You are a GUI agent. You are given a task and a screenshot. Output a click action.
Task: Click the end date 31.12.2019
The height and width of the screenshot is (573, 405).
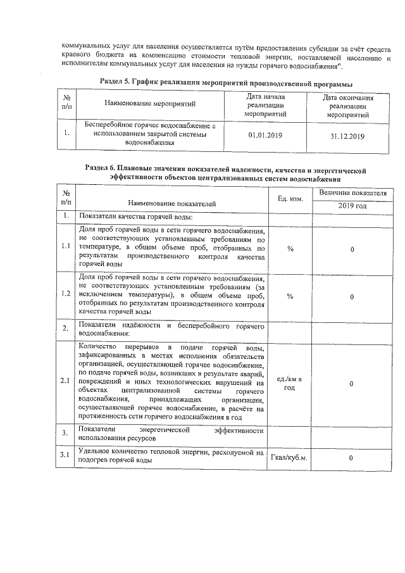coord(347,135)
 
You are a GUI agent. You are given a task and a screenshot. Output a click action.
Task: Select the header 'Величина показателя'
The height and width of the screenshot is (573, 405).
coord(352,192)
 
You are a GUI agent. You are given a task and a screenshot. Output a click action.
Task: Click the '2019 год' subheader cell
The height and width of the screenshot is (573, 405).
coord(352,206)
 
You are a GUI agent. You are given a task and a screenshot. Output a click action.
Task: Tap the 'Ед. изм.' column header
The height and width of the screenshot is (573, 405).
coord(290,199)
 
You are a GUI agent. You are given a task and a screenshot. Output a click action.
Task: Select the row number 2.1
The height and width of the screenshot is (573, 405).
coord(65,382)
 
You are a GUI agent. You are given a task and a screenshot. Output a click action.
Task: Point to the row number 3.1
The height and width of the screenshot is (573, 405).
coord(65,456)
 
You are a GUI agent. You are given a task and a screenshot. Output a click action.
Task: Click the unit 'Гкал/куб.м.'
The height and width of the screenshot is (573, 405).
coord(290,457)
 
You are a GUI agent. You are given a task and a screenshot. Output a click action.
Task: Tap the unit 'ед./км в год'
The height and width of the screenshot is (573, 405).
coord(290,383)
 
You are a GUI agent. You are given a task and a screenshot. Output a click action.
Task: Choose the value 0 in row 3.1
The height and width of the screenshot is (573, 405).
coord(352,457)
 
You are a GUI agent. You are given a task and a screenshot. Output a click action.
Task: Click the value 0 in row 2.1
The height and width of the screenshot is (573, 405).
coord(352,383)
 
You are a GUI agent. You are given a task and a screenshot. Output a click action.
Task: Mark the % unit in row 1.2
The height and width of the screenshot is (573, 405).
coord(290,295)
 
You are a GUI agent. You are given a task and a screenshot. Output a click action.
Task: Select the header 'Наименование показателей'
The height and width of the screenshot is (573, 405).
coord(171,203)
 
